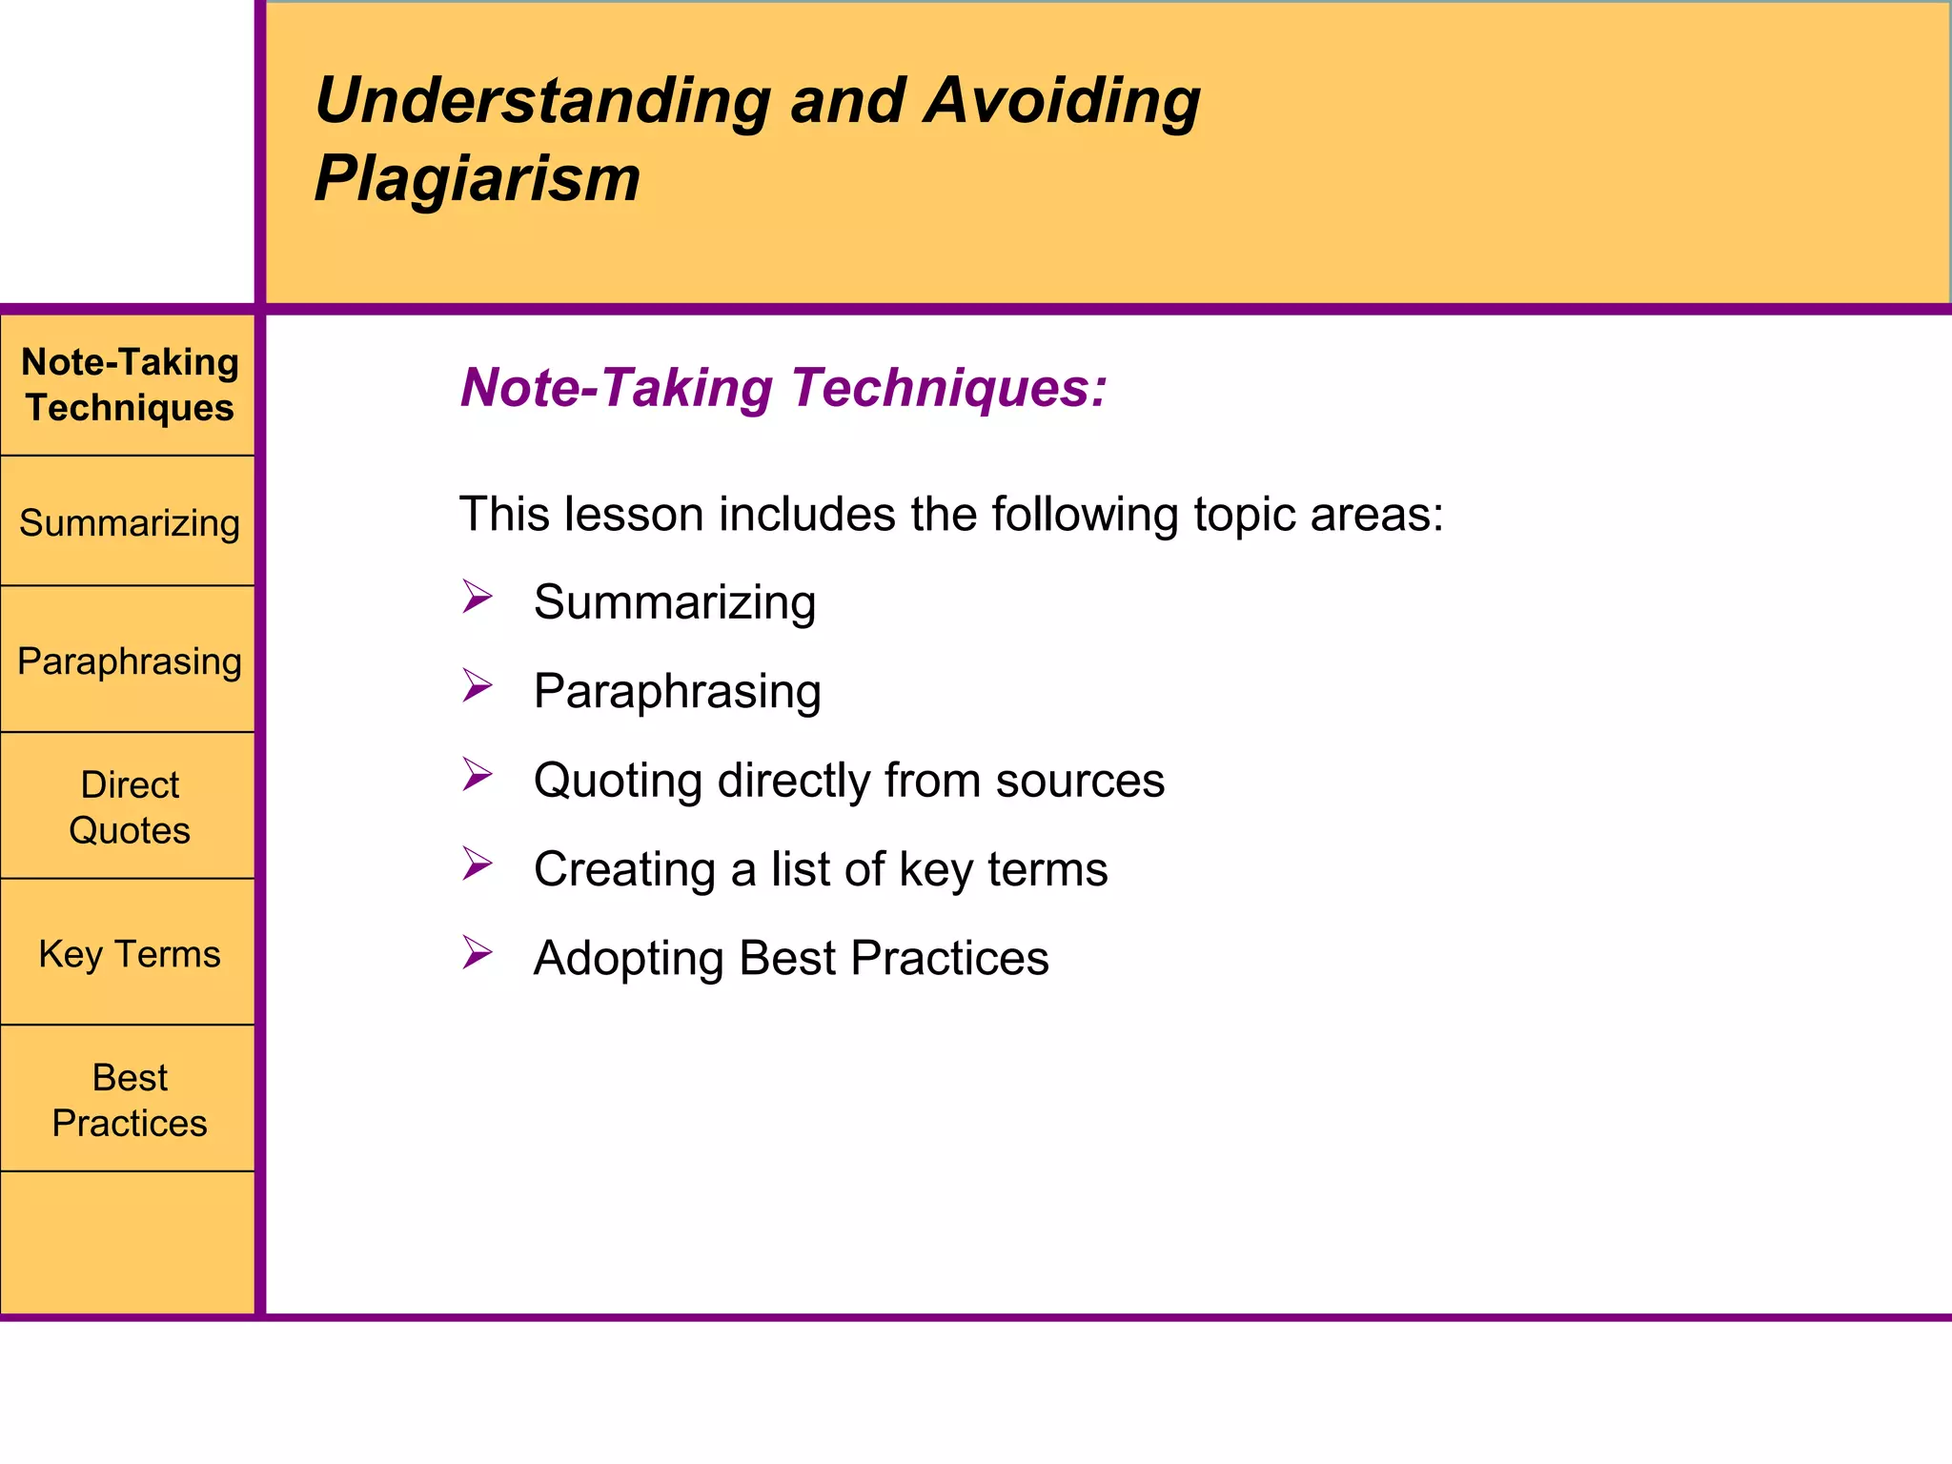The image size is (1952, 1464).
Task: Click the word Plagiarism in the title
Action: coord(477,179)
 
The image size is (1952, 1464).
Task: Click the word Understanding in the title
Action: coord(542,101)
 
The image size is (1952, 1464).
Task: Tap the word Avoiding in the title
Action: coord(1062,101)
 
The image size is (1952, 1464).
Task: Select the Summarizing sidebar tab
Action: coord(130,522)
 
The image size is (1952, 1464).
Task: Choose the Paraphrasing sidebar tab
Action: coord(130,661)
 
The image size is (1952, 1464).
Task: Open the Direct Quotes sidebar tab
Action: coord(130,806)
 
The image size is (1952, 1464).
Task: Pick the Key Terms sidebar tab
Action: coord(130,953)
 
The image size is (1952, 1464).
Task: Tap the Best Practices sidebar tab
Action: coord(130,1099)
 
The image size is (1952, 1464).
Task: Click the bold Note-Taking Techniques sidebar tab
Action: coord(130,384)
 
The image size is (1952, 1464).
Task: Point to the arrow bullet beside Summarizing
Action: coord(477,597)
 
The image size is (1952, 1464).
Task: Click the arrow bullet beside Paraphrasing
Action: coord(477,685)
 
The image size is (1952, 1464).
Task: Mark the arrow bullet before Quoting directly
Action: coord(477,774)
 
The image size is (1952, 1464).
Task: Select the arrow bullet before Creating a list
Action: coord(477,863)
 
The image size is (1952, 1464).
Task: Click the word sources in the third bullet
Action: coord(1080,781)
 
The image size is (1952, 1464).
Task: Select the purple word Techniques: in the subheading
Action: coord(948,388)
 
